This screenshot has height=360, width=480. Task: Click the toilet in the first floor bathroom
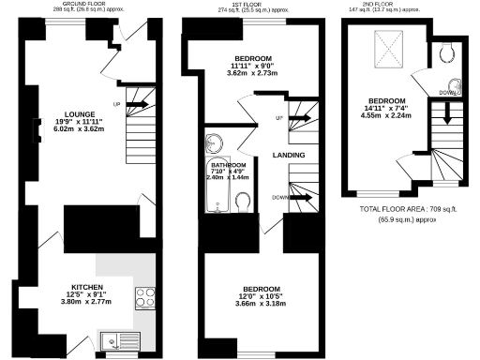tap(242, 202)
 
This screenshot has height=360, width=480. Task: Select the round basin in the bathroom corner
tap(215, 144)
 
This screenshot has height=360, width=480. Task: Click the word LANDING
tap(288, 154)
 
